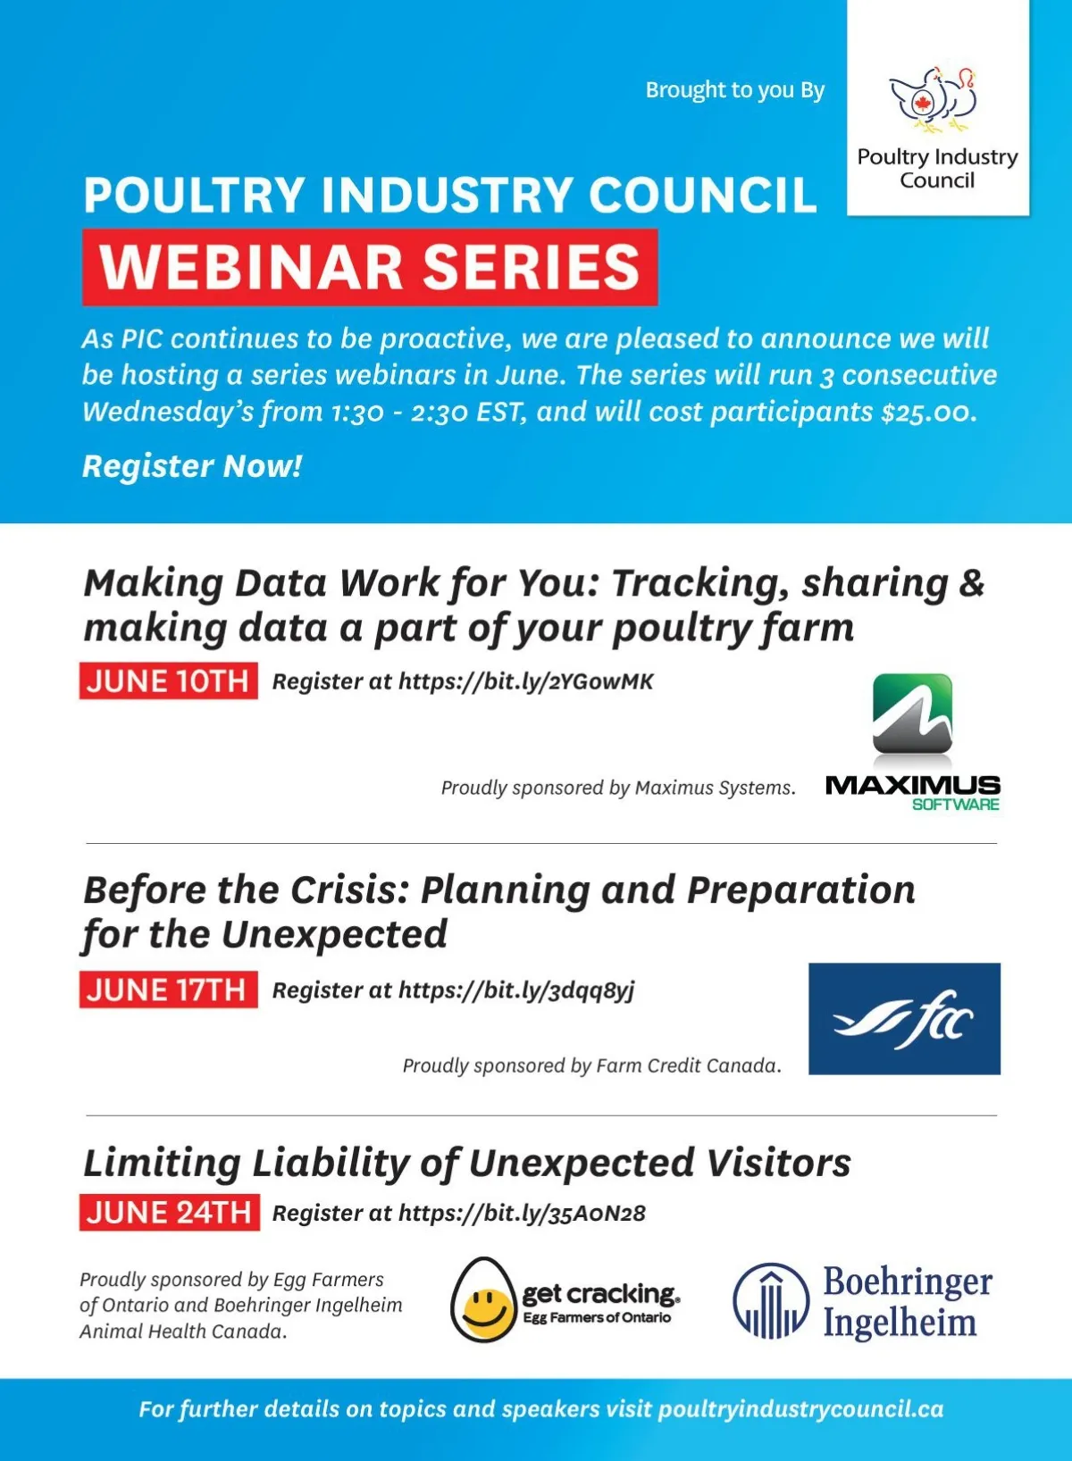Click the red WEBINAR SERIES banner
[x=370, y=267]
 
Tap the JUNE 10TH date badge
[x=168, y=680]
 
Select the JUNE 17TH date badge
[x=168, y=989]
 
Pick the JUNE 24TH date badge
[x=170, y=1213]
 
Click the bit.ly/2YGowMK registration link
[x=526, y=681]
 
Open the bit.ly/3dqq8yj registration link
[x=516, y=990]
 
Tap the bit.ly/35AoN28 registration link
[x=522, y=1213]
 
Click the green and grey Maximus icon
[x=912, y=714]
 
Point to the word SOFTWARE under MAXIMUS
[x=956, y=805]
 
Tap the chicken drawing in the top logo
[x=934, y=98]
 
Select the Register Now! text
[x=192, y=465]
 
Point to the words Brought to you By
[x=735, y=90]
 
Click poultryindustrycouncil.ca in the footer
[x=800, y=1409]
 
